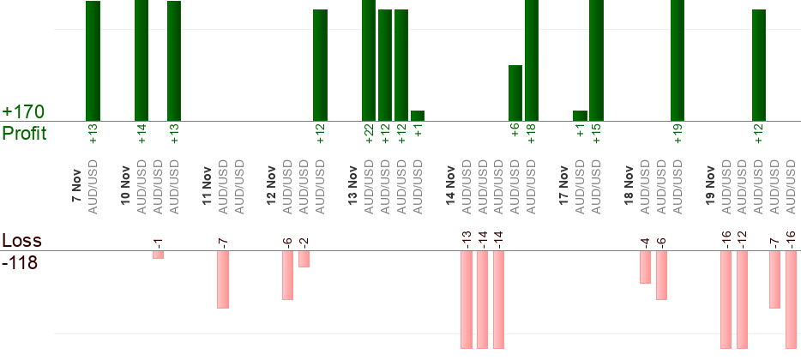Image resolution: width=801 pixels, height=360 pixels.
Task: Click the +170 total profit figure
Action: (23, 112)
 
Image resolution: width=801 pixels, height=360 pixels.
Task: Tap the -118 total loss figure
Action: (20, 263)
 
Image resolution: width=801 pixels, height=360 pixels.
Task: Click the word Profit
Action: (24, 134)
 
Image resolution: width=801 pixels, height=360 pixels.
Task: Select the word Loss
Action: (21, 240)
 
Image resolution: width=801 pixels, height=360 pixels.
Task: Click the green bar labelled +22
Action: (369, 60)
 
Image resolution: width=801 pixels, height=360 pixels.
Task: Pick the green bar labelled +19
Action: (678, 60)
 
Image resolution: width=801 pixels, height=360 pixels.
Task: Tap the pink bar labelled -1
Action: (158, 255)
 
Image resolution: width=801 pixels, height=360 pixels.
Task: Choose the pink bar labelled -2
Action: (304, 259)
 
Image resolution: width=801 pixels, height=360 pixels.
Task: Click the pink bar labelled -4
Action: (645, 267)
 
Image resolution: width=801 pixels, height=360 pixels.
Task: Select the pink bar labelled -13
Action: (467, 299)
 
